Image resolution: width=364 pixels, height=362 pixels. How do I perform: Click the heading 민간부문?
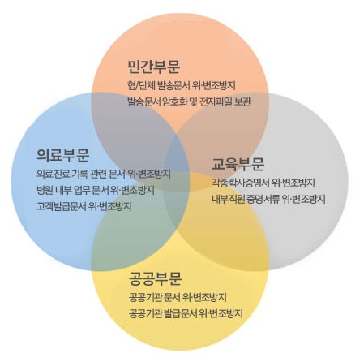[154, 67]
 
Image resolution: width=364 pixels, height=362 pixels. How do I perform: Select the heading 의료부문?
[63, 155]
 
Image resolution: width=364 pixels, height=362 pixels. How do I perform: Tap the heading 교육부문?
[238, 164]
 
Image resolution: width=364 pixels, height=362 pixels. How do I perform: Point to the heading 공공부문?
[155, 278]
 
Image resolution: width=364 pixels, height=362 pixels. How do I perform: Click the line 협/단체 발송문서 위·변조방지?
[182, 85]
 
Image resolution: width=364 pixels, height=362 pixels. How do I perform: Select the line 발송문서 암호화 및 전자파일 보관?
[189, 101]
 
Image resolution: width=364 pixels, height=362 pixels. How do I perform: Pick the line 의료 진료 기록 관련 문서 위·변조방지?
[104, 174]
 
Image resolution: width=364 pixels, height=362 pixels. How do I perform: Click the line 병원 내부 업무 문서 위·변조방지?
[96, 190]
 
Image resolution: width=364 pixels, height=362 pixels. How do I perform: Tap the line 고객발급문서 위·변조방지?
[84, 206]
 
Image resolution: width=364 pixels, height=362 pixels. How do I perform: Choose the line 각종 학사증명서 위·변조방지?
[263, 183]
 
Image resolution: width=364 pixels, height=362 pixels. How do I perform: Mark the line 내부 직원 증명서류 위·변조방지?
[268, 199]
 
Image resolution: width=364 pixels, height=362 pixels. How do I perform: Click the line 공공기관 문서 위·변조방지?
[178, 297]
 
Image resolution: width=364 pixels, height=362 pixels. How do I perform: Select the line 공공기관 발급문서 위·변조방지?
[186, 313]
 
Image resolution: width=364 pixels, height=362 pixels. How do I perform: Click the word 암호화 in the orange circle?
[176, 101]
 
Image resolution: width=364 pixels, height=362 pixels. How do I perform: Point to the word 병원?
[45, 190]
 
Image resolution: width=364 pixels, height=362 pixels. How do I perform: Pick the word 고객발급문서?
[62, 206]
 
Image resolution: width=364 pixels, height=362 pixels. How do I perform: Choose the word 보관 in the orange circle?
[243, 101]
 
